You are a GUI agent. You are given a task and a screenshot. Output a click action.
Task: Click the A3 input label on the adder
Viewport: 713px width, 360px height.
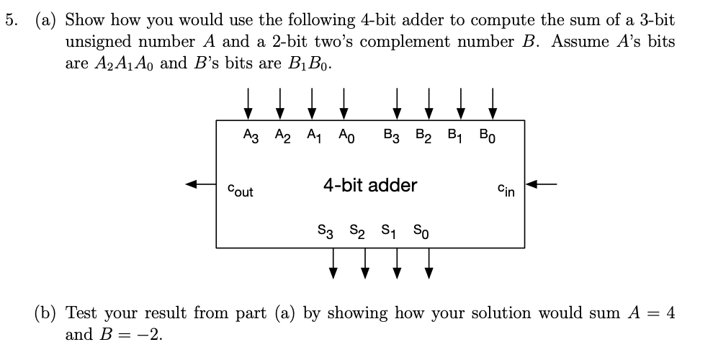(251, 135)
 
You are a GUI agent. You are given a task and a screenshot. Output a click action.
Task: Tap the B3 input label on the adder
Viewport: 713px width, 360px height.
(393, 135)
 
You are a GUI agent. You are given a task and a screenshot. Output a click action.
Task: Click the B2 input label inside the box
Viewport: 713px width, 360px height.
(423, 135)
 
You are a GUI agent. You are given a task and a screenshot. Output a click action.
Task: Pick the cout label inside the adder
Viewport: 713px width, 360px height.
(241, 191)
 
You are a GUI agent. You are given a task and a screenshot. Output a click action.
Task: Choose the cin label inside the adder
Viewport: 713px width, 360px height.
(506, 191)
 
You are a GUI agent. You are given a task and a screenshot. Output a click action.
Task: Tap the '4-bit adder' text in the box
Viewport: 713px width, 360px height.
(370, 185)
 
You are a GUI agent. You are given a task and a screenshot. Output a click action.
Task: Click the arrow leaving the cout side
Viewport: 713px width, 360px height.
(201, 185)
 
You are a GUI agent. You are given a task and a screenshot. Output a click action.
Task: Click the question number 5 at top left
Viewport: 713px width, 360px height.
(10, 20)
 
